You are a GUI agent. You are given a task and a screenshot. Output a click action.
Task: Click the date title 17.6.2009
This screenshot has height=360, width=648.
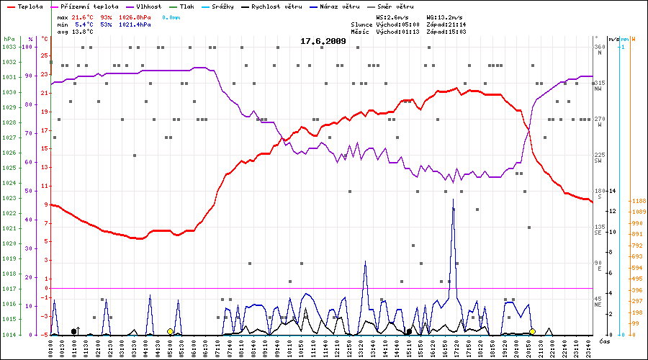(323, 41)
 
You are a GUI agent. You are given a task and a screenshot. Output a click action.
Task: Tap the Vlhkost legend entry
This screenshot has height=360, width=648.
(148, 6)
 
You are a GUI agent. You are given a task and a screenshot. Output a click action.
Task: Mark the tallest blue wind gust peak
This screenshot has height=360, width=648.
(453, 201)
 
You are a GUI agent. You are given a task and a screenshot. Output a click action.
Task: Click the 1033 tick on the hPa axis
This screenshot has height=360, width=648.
(9, 47)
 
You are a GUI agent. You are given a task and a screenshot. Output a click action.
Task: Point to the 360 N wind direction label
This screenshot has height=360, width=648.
(598, 50)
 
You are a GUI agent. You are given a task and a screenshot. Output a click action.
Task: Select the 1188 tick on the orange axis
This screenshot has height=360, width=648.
(637, 201)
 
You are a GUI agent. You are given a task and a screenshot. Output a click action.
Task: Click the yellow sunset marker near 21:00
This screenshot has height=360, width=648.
(532, 331)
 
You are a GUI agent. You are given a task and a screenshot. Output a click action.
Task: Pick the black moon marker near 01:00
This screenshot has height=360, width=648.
(74, 331)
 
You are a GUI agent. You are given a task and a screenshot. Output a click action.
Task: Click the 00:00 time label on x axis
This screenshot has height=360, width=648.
(51, 347)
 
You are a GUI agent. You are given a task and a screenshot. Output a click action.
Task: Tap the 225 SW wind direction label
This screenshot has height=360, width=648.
(598, 158)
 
